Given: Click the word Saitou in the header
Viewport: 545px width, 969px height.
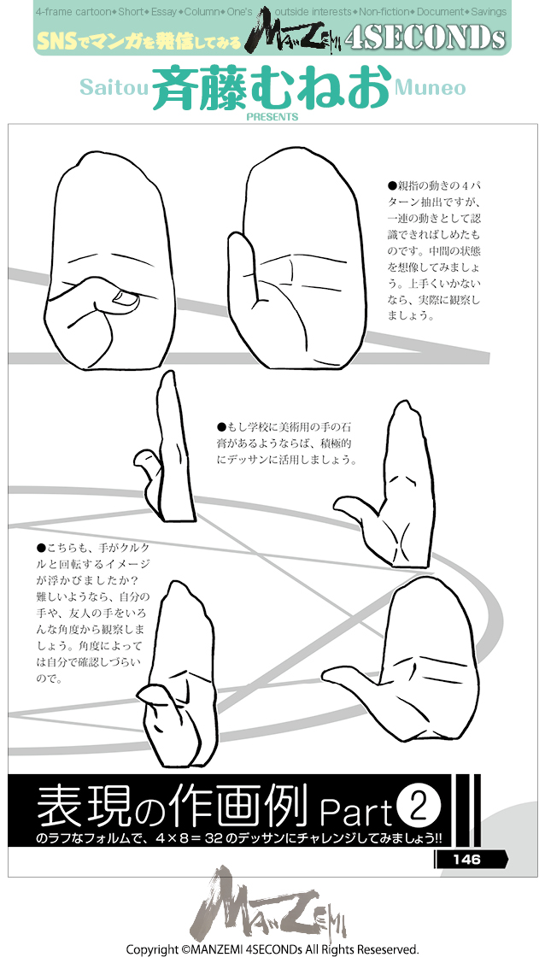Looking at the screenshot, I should (x=114, y=88).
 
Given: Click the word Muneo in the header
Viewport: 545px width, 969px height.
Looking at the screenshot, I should (x=431, y=88).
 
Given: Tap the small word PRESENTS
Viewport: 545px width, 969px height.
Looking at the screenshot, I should (x=272, y=117).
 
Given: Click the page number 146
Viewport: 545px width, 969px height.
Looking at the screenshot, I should (x=467, y=859).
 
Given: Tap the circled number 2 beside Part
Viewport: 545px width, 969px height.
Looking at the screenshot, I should (x=419, y=806).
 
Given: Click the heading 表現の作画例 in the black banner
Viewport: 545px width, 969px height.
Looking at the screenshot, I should (x=171, y=806).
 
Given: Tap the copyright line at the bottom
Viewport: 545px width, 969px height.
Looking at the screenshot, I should (x=272, y=949).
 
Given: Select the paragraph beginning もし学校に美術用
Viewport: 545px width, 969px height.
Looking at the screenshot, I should (x=286, y=442).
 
